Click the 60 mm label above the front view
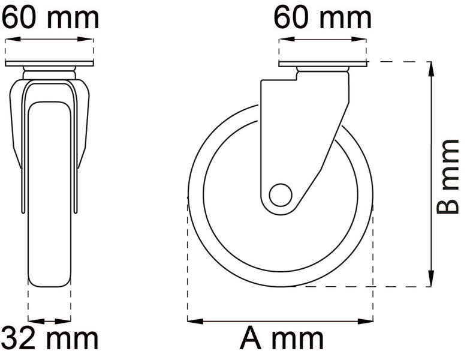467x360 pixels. point(50,18)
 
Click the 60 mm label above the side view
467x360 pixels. point(323,18)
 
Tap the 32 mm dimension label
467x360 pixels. point(50,338)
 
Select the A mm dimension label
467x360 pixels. point(282,338)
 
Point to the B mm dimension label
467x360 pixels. point(448,176)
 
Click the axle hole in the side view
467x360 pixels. point(281,195)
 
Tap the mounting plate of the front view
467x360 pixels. point(49,64)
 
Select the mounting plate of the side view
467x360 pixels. point(323,64)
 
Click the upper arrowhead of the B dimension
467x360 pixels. point(430,69)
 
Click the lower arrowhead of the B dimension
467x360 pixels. point(430,278)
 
